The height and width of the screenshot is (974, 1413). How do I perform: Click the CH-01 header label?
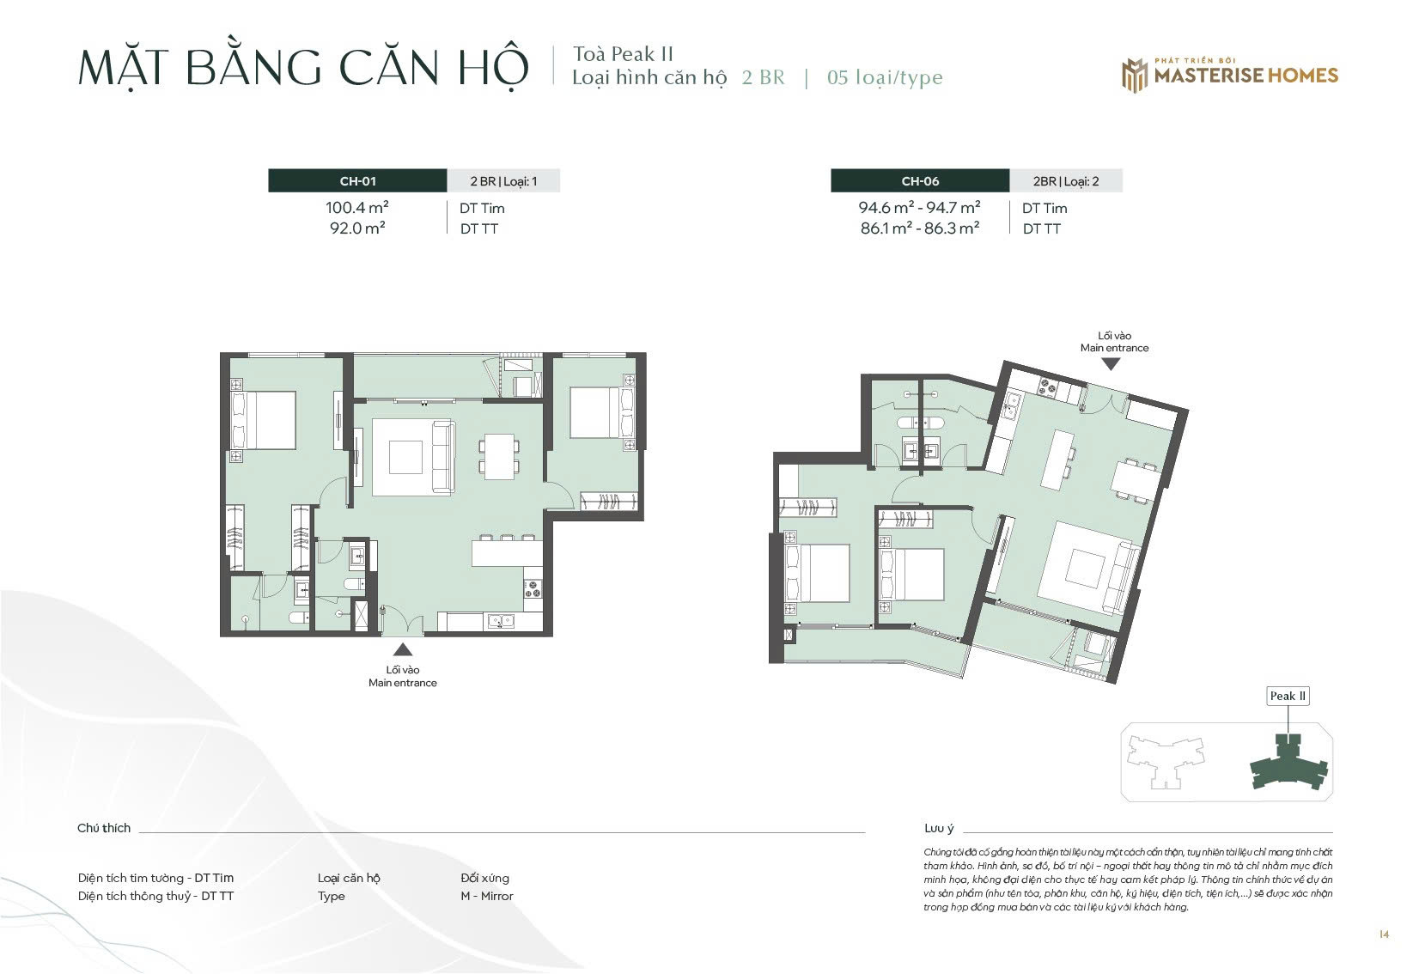(x=357, y=181)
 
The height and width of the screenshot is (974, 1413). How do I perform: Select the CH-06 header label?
(x=920, y=181)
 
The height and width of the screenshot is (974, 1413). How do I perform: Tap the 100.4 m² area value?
(x=357, y=208)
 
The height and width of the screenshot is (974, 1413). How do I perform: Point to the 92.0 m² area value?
(x=357, y=228)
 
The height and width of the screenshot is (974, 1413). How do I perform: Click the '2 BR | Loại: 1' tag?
(x=503, y=182)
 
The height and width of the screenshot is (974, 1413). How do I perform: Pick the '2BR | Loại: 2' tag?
(x=1066, y=182)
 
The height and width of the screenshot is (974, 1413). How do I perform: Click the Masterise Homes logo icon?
(x=1134, y=76)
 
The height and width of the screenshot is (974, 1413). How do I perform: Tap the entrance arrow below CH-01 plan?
(x=403, y=650)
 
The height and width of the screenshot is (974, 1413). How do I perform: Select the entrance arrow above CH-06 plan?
(x=1111, y=364)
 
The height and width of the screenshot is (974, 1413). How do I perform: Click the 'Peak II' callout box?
(x=1288, y=696)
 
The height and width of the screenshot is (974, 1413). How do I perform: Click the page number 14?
(x=1384, y=934)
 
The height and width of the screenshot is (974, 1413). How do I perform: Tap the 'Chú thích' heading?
(x=104, y=828)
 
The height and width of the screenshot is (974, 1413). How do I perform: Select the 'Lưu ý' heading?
(x=939, y=828)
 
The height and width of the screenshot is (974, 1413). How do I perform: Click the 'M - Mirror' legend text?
(x=487, y=896)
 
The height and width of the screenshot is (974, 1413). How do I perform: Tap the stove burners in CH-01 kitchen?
(x=533, y=589)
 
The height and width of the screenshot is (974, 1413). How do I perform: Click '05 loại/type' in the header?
(x=885, y=77)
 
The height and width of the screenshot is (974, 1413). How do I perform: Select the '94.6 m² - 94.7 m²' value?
(x=919, y=208)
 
